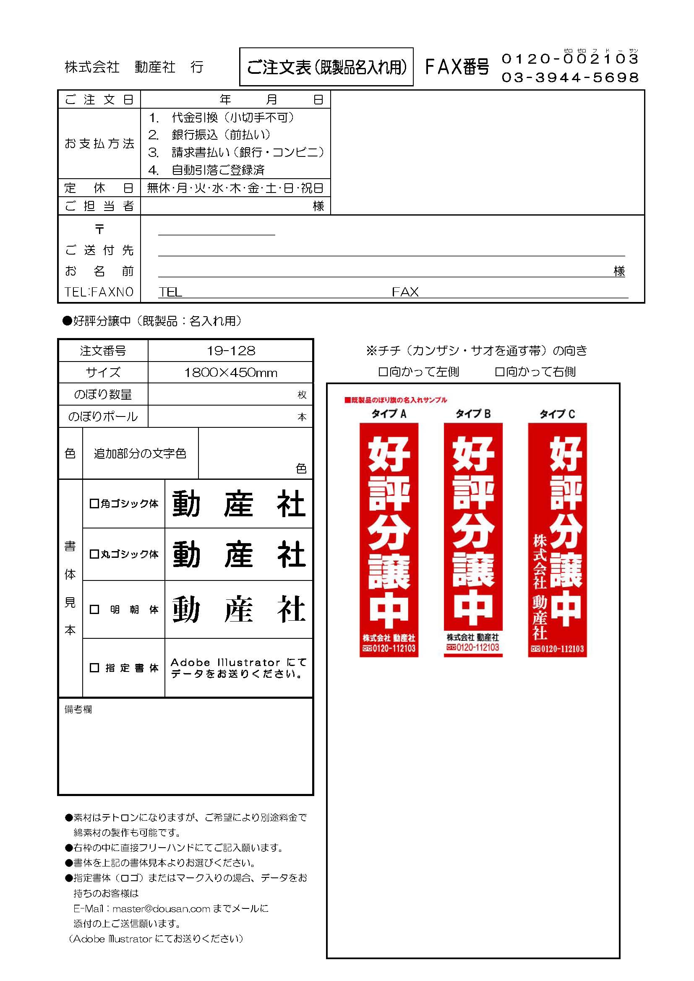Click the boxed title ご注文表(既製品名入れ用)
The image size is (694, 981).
tap(326, 67)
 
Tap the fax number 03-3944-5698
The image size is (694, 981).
tap(570, 77)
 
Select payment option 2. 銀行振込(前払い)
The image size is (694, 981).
tap(209, 135)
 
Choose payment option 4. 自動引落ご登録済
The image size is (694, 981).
tap(207, 170)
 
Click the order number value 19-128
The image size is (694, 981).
tap(231, 351)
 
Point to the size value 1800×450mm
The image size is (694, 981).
tap(231, 372)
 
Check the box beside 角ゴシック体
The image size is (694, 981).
tap(94, 503)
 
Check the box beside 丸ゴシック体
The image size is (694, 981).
tap(94, 554)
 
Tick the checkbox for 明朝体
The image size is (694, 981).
tap(94, 609)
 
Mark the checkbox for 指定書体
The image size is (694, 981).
tap(94, 667)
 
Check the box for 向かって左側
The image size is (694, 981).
tap(383, 372)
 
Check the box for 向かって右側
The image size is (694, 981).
tap(500, 372)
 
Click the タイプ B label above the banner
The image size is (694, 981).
tap(473, 414)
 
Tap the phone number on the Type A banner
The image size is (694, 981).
tap(389, 648)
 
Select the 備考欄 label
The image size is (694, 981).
tap(78, 709)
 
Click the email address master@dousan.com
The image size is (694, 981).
tap(162, 908)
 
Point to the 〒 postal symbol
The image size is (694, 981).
tap(99, 229)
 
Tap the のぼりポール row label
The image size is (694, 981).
tap(103, 416)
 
